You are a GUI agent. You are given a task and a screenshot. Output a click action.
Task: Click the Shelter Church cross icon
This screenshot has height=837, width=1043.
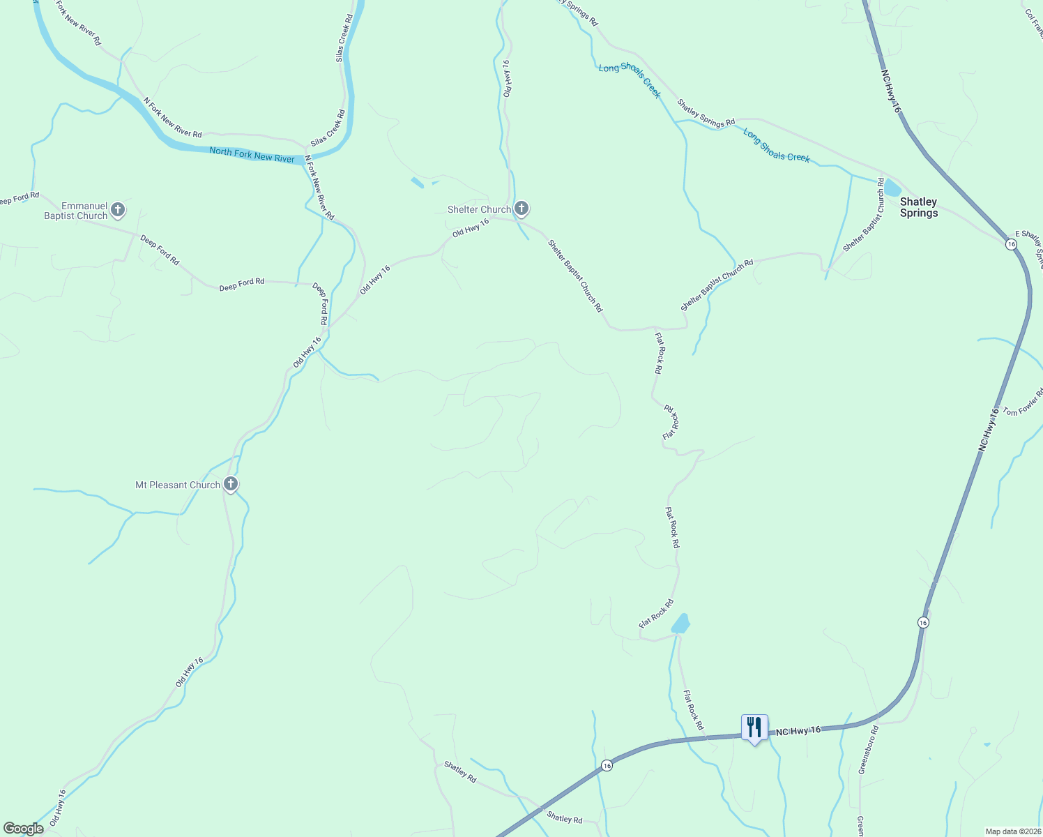(521, 208)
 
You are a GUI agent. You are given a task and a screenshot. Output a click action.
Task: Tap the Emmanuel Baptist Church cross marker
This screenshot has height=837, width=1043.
(118, 209)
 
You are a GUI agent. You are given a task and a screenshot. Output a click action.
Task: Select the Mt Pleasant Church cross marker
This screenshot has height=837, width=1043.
(231, 484)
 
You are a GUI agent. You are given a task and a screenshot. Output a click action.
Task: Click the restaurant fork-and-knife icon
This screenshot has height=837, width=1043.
(754, 727)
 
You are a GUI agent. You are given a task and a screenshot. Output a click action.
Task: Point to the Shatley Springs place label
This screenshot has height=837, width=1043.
(918, 207)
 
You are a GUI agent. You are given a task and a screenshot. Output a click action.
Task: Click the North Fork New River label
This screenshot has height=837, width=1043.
(252, 154)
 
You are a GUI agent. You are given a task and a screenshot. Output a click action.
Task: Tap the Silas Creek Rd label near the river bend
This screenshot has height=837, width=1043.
(328, 128)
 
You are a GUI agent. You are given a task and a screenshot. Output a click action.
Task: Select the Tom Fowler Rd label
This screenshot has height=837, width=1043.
(1023, 402)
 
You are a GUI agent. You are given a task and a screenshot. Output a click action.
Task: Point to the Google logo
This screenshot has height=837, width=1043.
(23, 829)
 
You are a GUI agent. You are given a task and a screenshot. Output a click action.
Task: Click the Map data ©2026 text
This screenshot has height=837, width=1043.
(1012, 831)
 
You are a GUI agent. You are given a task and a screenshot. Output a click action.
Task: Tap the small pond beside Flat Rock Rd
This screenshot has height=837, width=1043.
(681, 624)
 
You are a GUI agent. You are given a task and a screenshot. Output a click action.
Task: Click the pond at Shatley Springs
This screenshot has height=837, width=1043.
(892, 188)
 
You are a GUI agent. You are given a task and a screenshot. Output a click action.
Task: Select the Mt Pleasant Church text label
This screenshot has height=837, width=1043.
(178, 485)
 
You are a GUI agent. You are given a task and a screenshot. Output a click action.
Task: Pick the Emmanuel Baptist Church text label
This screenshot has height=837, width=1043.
(76, 211)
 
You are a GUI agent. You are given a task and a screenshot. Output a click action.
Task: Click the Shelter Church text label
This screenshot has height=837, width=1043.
(479, 209)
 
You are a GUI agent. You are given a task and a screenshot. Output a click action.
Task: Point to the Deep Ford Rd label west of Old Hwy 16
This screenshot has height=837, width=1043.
(241, 282)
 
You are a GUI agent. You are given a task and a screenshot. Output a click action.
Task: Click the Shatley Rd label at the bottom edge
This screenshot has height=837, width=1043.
(564, 817)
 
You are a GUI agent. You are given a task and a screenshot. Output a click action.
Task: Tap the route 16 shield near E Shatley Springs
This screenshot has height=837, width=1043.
(1011, 244)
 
